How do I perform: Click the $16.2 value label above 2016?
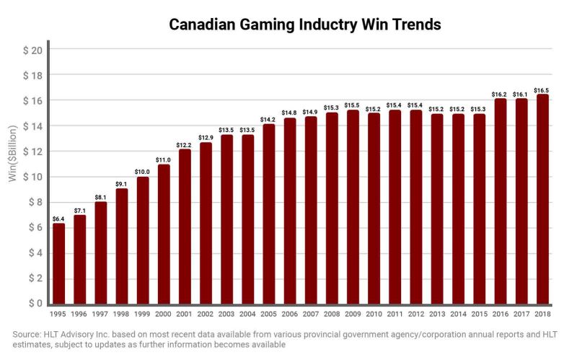coord(500,94)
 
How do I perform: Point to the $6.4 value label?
coord(58,219)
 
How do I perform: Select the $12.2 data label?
coord(185,144)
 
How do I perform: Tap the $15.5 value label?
coord(353,105)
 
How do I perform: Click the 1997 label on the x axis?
coord(100,315)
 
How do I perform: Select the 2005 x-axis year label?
coord(268,315)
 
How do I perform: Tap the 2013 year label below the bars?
coord(436,315)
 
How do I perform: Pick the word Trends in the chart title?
coord(414,25)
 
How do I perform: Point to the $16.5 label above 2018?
coord(542,90)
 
